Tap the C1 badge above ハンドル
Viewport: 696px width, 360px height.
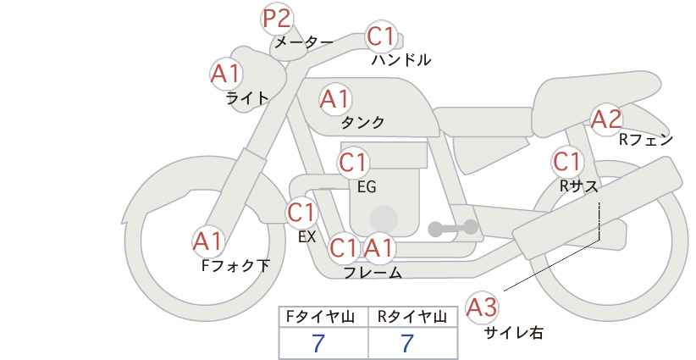(x=381, y=36)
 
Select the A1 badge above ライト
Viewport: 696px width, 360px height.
(x=226, y=74)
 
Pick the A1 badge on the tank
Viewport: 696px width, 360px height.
(x=335, y=99)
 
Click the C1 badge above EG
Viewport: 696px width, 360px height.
(x=353, y=163)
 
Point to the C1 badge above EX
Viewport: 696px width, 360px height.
(x=301, y=213)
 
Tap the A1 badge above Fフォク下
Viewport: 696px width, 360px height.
(x=208, y=242)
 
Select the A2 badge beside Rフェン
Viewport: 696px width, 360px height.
(x=607, y=119)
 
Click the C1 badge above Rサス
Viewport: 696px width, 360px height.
(x=566, y=162)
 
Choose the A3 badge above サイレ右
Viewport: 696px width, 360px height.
(x=482, y=307)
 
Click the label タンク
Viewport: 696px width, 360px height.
(x=362, y=123)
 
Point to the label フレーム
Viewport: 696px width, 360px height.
(x=373, y=273)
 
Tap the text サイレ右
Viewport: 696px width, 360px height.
(x=514, y=333)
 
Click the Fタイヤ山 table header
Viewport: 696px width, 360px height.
(x=320, y=317)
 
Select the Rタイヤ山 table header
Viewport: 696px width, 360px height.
(x=412, y=317)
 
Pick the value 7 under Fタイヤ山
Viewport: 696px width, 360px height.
(x=318, y=344)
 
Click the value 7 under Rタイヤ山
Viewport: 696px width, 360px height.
(x=407, y=344)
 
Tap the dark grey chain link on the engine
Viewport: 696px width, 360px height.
(x=453, y=228)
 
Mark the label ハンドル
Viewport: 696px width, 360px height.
(x=401, y=60)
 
